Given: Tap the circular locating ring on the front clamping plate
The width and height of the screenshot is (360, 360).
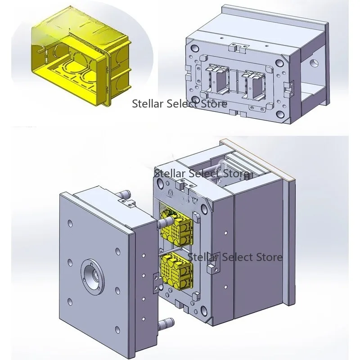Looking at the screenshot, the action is pyautogui.click(x=93, y=276).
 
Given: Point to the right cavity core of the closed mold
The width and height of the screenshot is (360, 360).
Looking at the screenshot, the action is pyautogui.click(x=255, y=84).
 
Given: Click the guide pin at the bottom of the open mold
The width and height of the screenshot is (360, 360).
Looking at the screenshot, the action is pyautogui.click(x=166, y=323).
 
